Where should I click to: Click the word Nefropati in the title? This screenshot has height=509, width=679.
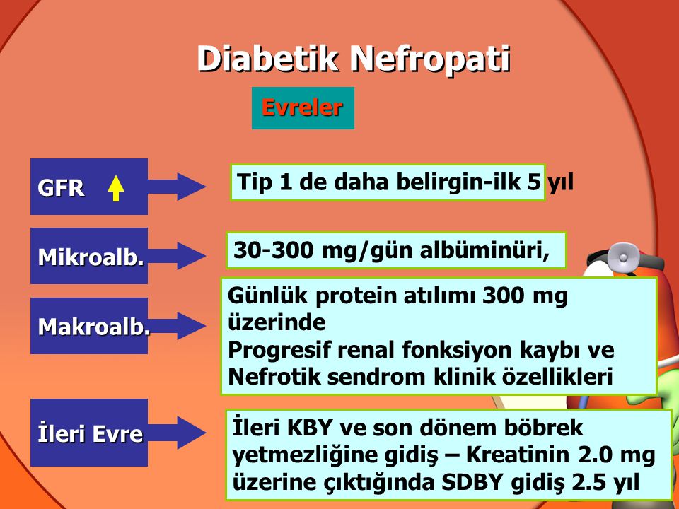[x=430, y=59]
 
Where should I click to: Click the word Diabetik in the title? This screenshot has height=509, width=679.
[x=267, y=58]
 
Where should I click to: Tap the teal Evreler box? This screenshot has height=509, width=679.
[x=303, y=108]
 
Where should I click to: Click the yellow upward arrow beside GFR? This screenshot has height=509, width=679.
[x=115, y=189]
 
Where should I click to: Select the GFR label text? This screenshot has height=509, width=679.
[x=61, y=188]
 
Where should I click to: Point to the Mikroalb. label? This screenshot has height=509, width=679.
[x=91, y=257]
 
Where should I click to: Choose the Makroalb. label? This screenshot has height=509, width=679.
[x=93, y=327]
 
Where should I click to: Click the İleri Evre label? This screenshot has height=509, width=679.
[x=90, y=433]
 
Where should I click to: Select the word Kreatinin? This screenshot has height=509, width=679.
[x=518, y=455]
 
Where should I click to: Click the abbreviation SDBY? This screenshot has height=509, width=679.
[x=473, y=482]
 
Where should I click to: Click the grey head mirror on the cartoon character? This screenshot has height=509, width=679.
[x=622, y=257]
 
